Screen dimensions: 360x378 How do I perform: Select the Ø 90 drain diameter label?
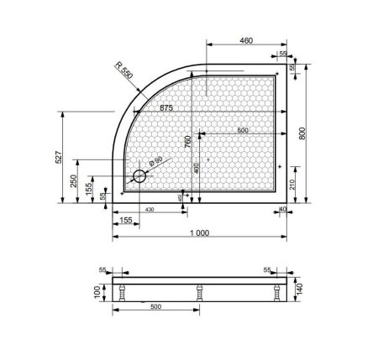(151, 165)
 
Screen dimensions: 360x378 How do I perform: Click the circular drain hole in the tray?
(139, 177)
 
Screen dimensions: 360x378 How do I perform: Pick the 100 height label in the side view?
(99, 291)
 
